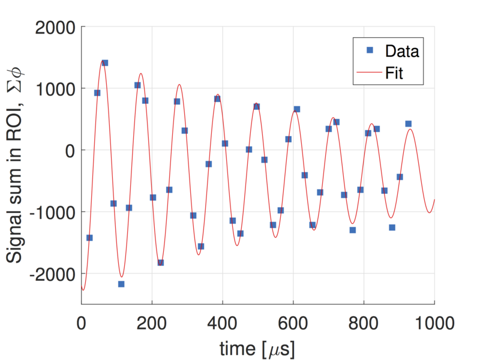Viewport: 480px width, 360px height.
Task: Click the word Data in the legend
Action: (402, 50)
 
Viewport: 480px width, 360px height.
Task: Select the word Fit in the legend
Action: (394, 74)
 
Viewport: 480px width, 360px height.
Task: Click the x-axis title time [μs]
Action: (257, 347)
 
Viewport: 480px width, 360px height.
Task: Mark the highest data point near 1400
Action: (104, 62)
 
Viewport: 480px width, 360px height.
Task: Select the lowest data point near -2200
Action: (121, 284)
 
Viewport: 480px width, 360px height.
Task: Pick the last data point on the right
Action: (408, 124)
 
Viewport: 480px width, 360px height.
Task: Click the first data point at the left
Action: (89, 238)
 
